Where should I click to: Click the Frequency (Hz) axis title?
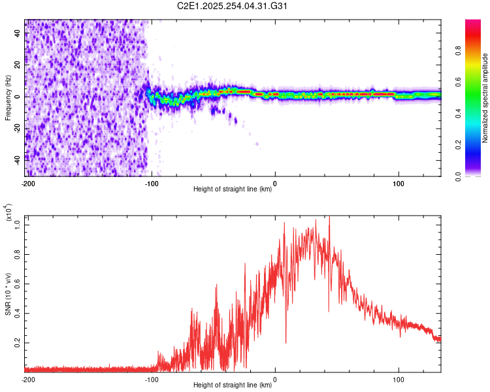tap(8, 98)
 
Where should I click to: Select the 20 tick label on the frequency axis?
tap(18, 65)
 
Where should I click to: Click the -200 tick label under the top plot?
tap(27, 183)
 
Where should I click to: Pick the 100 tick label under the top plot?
tap(398, 183)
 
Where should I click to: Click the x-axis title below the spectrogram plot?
tap(233, 189)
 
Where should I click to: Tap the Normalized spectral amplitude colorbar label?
tap(485, 98)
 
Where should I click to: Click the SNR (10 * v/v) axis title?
tap(8, 291)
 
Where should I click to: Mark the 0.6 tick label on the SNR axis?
tap(18, 283)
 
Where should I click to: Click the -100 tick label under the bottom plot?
tap(151, 379)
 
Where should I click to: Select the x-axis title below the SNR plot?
tap(233, 385)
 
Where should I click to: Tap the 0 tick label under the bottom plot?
tap(275, 379)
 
